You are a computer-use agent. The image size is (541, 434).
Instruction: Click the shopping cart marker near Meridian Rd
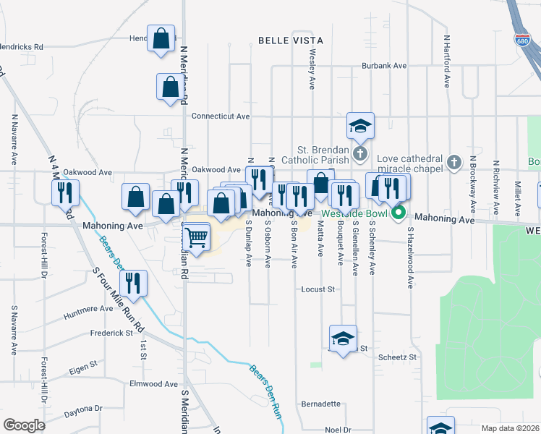click(x=197, y=236)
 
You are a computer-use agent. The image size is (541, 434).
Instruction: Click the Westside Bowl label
click(x=357, y=214)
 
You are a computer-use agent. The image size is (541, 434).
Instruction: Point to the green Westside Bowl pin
click(x=399, y=213)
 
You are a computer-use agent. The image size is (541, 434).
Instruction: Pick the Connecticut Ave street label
click(x=221, y=116)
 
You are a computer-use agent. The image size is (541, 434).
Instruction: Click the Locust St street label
click(x=319, y=289)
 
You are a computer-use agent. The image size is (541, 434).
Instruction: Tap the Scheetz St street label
click(x=398, y=357)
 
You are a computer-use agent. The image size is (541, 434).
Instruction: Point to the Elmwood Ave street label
click(x=153, y=384)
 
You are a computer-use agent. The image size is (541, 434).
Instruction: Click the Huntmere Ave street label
click(x=88, y=310)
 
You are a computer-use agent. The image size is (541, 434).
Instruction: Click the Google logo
click(x=24, y=425)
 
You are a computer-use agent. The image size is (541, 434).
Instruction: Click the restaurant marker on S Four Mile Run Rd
click(x=133, y=283)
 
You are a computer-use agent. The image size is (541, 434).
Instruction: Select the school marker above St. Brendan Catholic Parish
click(x=359, y=126)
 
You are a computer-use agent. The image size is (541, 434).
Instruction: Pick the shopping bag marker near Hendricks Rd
click(x=161, y=38)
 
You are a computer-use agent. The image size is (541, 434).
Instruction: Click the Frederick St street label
click(x=111, y=333)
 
